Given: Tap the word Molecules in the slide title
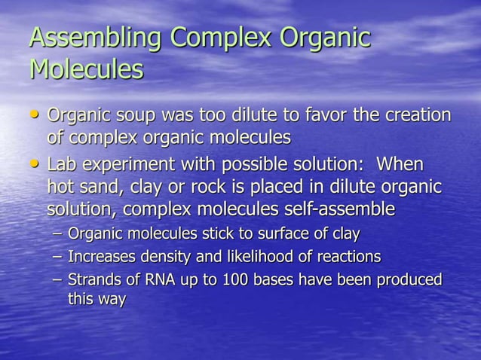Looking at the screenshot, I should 86,70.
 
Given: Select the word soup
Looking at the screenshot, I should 137,117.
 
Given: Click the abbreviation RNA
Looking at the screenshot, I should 148,279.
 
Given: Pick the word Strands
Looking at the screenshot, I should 92,279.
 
